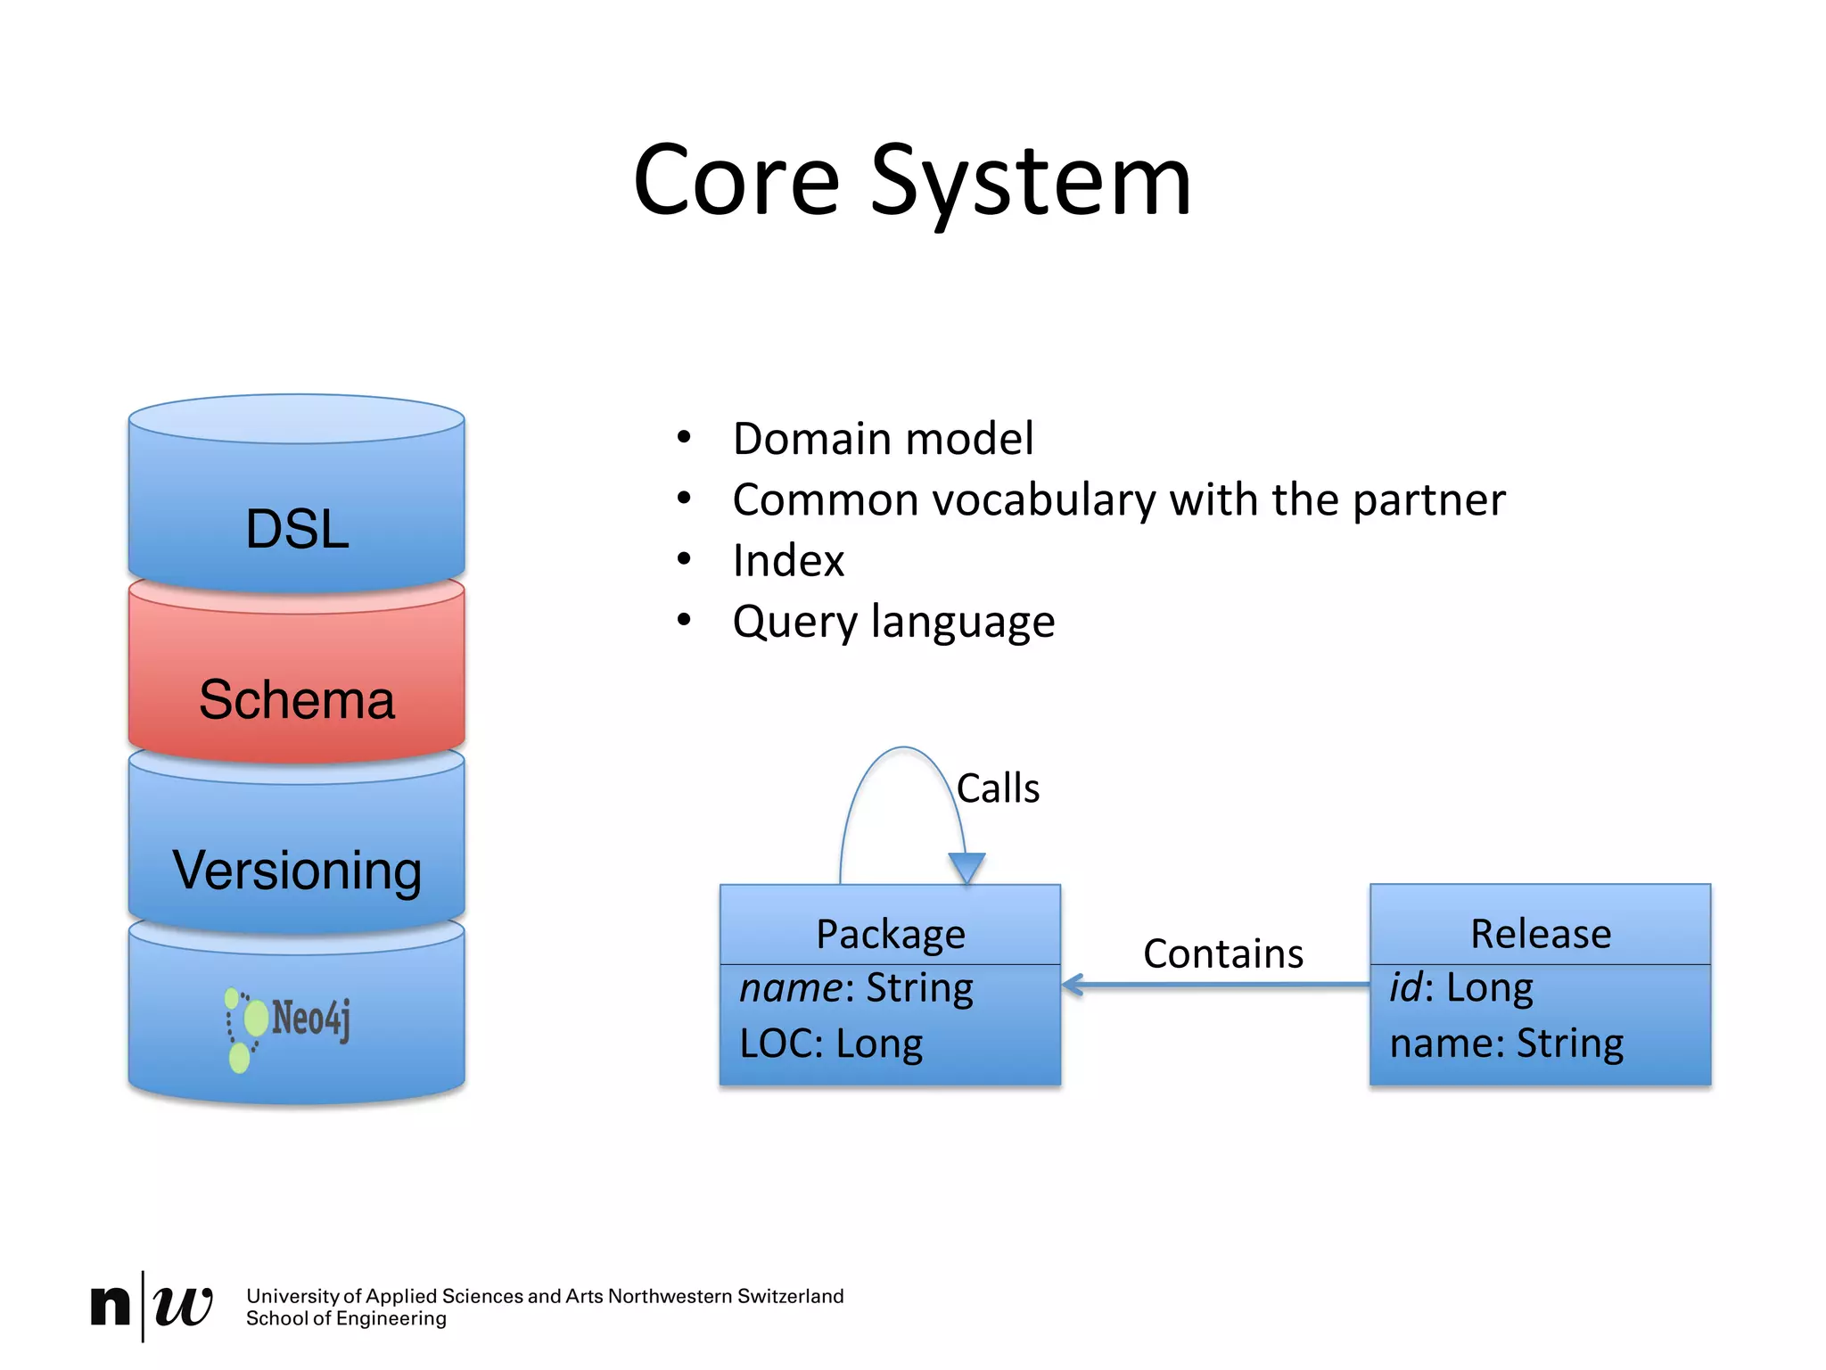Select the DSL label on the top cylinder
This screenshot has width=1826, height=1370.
click(297, 529)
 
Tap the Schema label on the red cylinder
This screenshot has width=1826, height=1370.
click(297, 700)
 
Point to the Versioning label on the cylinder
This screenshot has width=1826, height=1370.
click(297, 871)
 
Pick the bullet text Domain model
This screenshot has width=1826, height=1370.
click(883, 439)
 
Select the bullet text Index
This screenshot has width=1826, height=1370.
click(788, 561)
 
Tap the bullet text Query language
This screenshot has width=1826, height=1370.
click(893, 622)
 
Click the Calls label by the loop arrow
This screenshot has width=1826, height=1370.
click(998, 788)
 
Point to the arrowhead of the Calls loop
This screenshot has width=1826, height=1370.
click(966, 868)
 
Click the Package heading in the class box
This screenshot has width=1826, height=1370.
click(890, 934)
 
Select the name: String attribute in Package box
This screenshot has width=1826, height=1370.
click(856, 988)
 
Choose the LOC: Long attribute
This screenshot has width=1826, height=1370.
click(831, 1044)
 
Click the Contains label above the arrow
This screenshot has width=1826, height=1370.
click(1222, 953)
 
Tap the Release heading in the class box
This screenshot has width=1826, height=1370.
click(1540, 934)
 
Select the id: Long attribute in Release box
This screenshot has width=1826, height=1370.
click(1461, 987)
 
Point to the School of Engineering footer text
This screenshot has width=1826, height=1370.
click(346, 1319)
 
